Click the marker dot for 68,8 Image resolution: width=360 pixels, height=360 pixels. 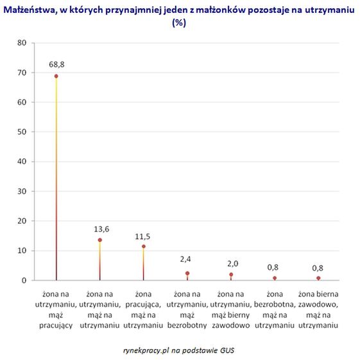[x=56, y=76]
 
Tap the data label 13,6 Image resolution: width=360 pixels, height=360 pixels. [x=101, y=229]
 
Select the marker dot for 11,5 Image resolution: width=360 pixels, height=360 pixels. [x=144, y=246]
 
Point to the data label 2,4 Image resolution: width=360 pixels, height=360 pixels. [x=185, y=259]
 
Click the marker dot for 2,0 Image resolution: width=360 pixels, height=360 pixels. [x=231, y=275]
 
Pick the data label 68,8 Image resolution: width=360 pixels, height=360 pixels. [x=56, y=65]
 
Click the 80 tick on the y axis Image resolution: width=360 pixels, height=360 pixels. [x=22, y=43]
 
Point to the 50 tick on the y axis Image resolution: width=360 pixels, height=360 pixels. [x=22, y=132]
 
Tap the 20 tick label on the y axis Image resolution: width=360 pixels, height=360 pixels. [x=22, y=221]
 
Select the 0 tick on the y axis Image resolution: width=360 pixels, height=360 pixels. [x=24, y=280]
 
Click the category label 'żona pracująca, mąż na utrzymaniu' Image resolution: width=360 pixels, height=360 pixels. [x=143, y=309]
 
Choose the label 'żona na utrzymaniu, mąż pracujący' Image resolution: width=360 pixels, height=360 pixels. [x=56, y=309]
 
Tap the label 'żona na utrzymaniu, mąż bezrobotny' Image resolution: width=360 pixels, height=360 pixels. [x=187, y=309]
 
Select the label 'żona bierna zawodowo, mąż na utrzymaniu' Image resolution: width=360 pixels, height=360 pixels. [x=318, y=309]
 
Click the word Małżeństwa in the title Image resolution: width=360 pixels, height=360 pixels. [x=31, y=10]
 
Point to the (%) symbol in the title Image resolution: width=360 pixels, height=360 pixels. [x=179, y=22]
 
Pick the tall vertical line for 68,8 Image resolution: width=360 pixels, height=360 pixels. [x=56, y=178]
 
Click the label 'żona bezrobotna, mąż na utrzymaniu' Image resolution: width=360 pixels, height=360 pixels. [x=275, y=309]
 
